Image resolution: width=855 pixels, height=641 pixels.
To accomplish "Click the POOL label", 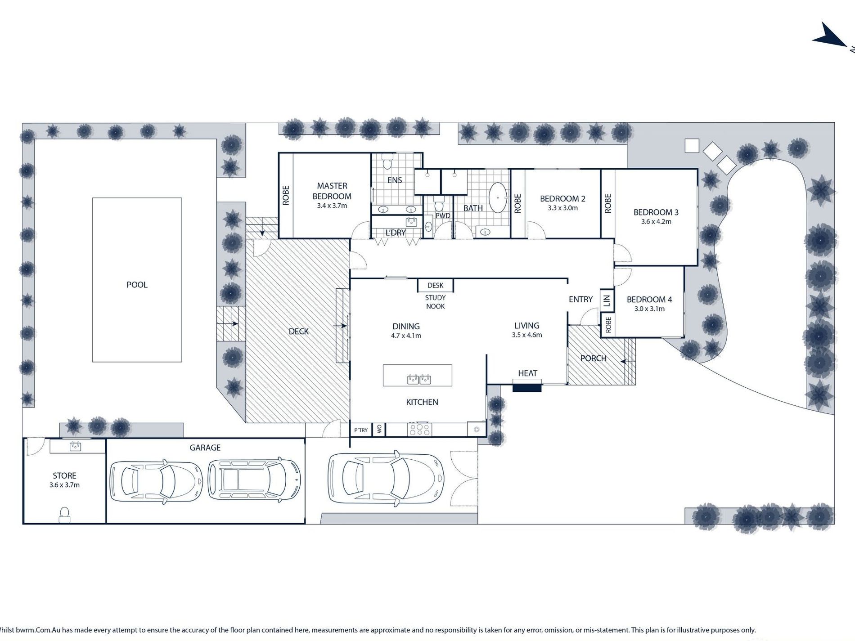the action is coord(137,285).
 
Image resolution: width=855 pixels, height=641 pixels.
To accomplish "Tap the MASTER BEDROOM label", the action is coord(332,191).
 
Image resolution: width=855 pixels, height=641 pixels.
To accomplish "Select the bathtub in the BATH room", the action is coord(498,197).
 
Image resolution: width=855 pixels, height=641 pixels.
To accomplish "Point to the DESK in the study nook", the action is coord(435,285).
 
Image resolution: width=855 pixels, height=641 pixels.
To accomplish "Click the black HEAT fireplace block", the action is coord(527,385).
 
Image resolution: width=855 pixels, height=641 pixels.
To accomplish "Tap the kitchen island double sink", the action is coord(419,379).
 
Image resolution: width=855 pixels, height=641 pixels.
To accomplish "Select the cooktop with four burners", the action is coord(419,430).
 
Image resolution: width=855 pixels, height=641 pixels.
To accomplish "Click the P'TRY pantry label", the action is coord(361,430).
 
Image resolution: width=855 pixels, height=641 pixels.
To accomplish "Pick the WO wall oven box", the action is coord(379,430).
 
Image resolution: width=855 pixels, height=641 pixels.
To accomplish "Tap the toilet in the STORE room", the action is coord(64,515).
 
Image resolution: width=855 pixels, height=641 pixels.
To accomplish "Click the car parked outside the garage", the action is coord(386,477).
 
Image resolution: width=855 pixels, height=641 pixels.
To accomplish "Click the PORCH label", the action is coord(593,359).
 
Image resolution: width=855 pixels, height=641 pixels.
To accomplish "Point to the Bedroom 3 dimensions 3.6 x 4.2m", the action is coord(656,222).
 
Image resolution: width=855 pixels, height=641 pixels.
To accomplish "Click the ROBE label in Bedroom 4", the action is coord(608,325).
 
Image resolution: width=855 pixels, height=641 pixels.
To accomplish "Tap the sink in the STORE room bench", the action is coord(75,446).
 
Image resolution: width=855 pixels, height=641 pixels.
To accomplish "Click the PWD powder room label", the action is coord(443,216).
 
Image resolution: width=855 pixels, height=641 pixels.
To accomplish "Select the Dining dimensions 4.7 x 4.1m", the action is coord(406,336).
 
